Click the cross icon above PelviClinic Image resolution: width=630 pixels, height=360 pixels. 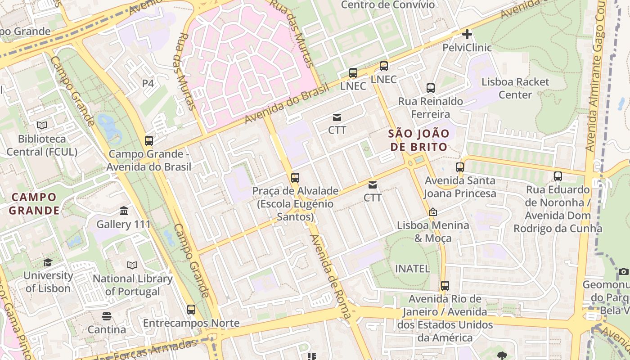[x=467, y=34]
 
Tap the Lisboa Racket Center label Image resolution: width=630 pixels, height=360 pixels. [x=515, y=88]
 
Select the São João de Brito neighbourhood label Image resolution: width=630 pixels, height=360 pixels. [x=419, y=140]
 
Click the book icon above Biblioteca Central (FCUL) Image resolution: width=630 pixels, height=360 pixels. [x=42, y=125]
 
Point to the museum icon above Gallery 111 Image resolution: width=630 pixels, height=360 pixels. [x=124, y=211]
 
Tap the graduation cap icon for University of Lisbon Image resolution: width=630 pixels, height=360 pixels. [x=48, y=262]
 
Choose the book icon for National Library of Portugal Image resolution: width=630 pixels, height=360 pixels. [x=132, y=265]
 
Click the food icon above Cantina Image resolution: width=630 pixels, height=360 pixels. [x=107, y=316]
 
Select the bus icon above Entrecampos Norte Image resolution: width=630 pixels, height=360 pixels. [x=191, y=310]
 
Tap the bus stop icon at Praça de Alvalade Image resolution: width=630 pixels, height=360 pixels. [x=295, y=177]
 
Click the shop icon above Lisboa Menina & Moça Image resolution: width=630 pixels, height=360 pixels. [x=433, y=211]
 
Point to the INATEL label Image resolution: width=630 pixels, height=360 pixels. [x=412, y=269]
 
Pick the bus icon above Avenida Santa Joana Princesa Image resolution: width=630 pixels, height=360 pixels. [x=460, y=167]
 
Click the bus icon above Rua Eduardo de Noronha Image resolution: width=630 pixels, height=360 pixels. [x=558, y=176]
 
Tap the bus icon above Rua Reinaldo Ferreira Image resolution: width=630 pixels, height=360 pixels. [x=431, y=88]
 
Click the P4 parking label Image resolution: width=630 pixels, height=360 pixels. [x=148, y=83]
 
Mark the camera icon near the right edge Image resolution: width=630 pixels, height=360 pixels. [x=623, y=271]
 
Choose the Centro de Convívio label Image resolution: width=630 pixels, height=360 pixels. [x=388, y=5]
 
